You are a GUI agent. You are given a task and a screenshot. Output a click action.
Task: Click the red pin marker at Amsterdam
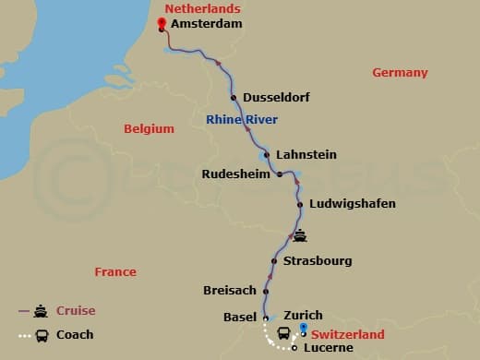click(161, 25)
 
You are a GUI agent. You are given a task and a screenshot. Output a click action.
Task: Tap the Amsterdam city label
click(207, 24)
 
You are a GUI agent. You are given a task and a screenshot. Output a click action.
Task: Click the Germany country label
click(400, 73)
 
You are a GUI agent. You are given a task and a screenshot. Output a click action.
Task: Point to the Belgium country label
click(150, 129)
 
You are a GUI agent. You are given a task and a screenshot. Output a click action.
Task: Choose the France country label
click(115, 272)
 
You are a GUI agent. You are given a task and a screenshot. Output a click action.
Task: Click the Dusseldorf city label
click(275, 98)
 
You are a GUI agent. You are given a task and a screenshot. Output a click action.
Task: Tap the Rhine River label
click(242, 119)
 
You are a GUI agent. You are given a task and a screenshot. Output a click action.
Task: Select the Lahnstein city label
click(306, 154)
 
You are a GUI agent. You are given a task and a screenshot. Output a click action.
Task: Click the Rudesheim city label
click(235, 173)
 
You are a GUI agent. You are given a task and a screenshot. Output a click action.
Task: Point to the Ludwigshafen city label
click(353, 204)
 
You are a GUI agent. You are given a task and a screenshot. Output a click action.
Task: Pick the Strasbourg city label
click(318, 261)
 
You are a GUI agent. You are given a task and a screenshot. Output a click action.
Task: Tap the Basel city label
click(240, 317)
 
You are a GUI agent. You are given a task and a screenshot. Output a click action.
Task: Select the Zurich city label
click(304, 316)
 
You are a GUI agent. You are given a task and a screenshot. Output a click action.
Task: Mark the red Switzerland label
click(347, 332)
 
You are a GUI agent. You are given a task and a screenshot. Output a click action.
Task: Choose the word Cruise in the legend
click(76, 311)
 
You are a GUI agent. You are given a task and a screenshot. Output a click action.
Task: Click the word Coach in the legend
click(76, 335)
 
